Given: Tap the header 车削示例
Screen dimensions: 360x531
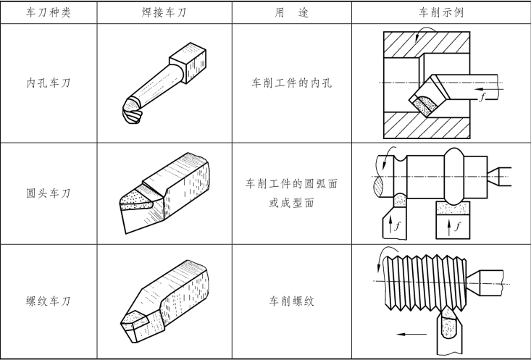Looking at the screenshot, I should pyautogui.click(x=441, y=12).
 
